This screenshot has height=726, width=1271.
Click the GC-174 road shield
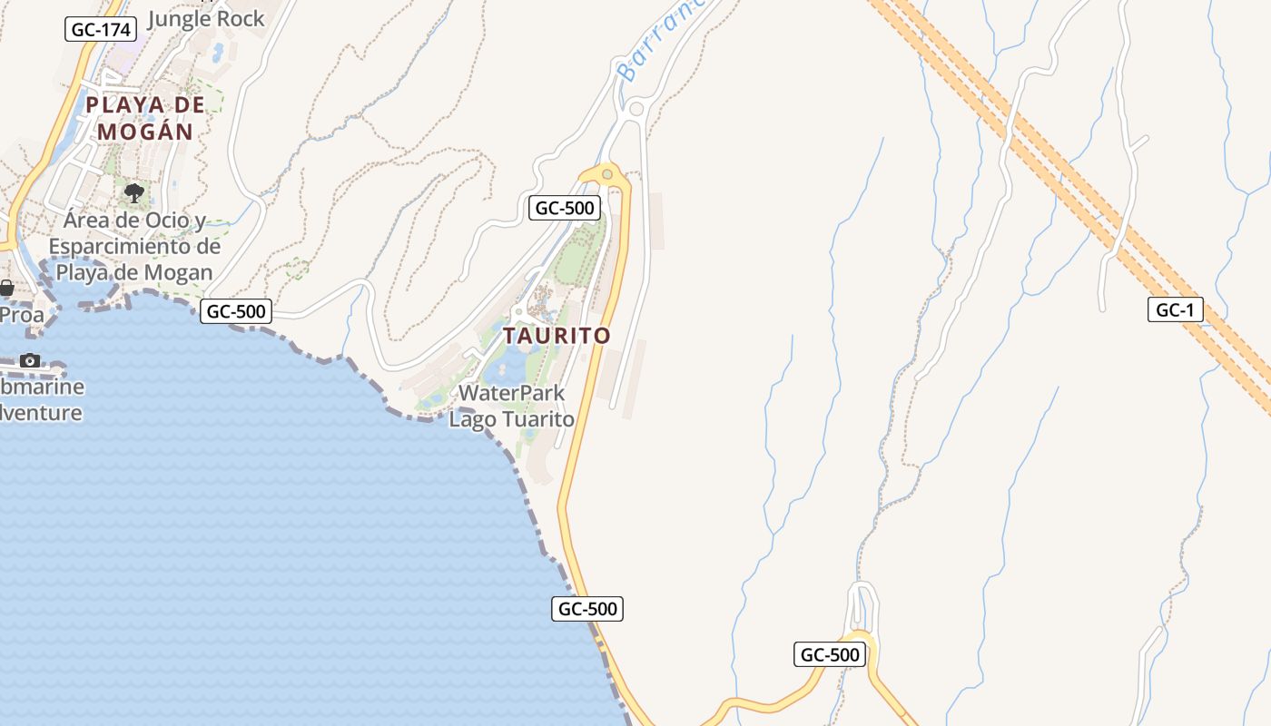point(102,30)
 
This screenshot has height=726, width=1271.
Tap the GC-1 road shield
point(1175,310)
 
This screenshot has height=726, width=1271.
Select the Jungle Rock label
point(205,18)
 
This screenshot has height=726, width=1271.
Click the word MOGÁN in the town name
point(145,132)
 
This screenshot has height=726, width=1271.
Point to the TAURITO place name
point(557,336)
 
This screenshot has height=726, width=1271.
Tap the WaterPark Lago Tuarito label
point(512,407)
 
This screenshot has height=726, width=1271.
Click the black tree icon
point(133,192)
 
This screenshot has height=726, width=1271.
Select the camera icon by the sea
point(30,360)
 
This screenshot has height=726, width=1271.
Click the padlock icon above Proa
point(6,289)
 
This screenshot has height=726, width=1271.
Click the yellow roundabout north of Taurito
point(607,173)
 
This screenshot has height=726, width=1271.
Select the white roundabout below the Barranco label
point(635,109)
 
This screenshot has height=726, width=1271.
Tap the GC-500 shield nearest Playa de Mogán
point(236,311)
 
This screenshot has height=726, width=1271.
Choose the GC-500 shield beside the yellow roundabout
point(564,208)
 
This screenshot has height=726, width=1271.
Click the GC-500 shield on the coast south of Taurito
point(587,608)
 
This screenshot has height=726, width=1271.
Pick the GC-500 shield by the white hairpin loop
point(830,654)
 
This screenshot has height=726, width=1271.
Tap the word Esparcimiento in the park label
point(134,247)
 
